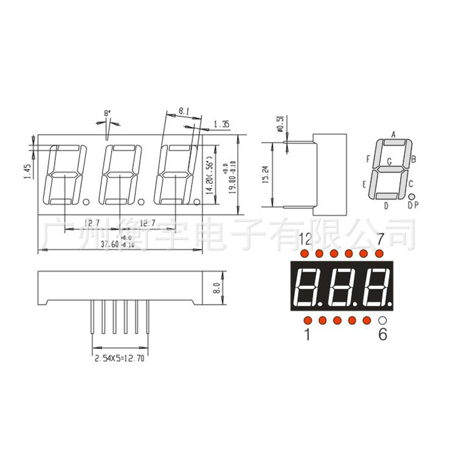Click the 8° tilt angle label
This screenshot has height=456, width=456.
(x=108, y=113)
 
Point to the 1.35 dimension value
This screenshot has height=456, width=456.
(x=221, y=125)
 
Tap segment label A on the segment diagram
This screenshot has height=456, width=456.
(x=393, y=134)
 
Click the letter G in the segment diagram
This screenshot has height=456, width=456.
(x=389, y=162)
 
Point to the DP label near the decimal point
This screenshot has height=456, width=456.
(x=413, y=206)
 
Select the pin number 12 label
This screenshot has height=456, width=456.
(x=305, y=238)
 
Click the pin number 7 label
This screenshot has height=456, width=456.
(x=381, y=238)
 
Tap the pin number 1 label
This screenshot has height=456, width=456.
(x=306, y=334)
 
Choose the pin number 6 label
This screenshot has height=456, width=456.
(x=382, y=334)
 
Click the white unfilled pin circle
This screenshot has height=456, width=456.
(x=382, y=320)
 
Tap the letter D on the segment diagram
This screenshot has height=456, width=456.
(x=386, y=206)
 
